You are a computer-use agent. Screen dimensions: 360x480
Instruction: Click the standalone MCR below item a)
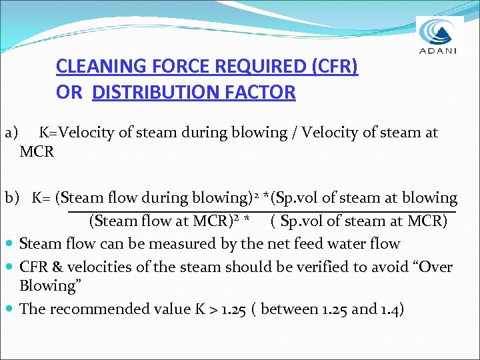(x=37, y=151)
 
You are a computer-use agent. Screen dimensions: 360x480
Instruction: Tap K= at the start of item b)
(x=42, y=198)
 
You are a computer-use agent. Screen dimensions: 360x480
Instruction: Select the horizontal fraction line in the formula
(x=260, y=211)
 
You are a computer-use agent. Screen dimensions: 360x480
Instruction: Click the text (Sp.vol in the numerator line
(x=289, y=198)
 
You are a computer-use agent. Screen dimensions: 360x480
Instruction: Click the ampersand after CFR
(x=57, y=267)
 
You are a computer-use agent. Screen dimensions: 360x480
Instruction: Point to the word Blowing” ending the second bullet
(x=47, y=286)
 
